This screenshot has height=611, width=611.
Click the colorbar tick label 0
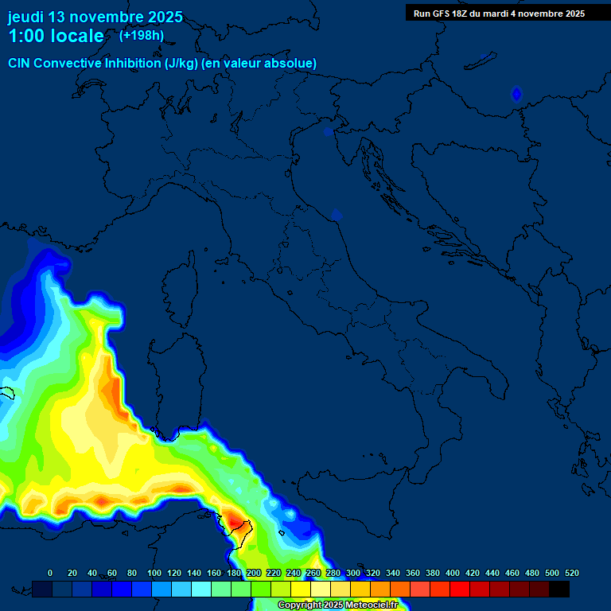point(50,573)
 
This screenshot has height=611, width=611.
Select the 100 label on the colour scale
point(154,573)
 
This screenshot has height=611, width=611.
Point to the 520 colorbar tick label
point(571,573)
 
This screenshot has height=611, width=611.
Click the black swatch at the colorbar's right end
point(559,589)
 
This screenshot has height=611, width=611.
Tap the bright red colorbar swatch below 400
point(460,589)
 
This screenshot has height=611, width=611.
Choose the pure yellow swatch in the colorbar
point(301,589)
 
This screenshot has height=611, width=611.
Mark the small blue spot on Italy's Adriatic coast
point(337,215)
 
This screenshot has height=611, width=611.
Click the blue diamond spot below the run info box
point(516,95)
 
